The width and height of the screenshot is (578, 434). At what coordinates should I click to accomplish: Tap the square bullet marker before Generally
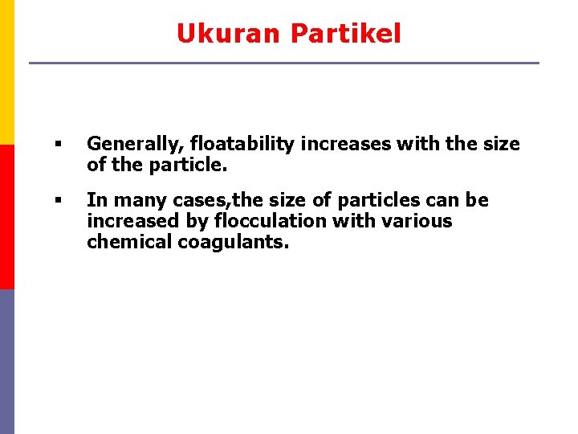[x=58, y=145]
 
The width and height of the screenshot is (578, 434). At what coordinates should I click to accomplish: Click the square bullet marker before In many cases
[x=58, y=200]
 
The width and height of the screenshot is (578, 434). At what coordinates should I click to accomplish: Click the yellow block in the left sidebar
[x=6, y=72]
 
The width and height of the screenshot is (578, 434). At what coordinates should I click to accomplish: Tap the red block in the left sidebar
[x=6, y=217]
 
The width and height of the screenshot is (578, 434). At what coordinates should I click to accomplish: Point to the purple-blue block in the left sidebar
[x=6, y=362]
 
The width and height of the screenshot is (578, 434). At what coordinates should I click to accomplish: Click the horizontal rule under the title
[x=284, y=63]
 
